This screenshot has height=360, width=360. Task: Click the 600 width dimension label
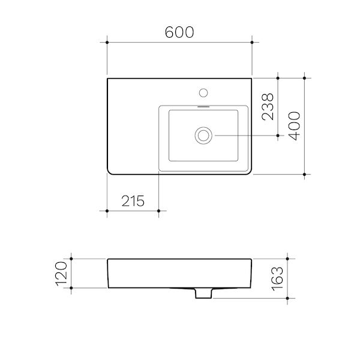coord(179,32)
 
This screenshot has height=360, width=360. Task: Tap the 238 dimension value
coord(268,107)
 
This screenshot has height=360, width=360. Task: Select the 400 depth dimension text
coord(294,126)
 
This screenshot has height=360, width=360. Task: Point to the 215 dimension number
coord(133,201)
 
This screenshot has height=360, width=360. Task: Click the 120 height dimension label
coord(62,274)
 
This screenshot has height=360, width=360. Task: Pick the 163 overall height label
coord(278,279)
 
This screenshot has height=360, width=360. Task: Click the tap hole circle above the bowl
coord(203,93)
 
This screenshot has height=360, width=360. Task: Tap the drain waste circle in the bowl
coord(203,136)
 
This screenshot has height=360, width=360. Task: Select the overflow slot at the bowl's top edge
coord(203,107)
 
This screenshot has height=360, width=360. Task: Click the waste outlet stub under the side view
coord(203,293)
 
